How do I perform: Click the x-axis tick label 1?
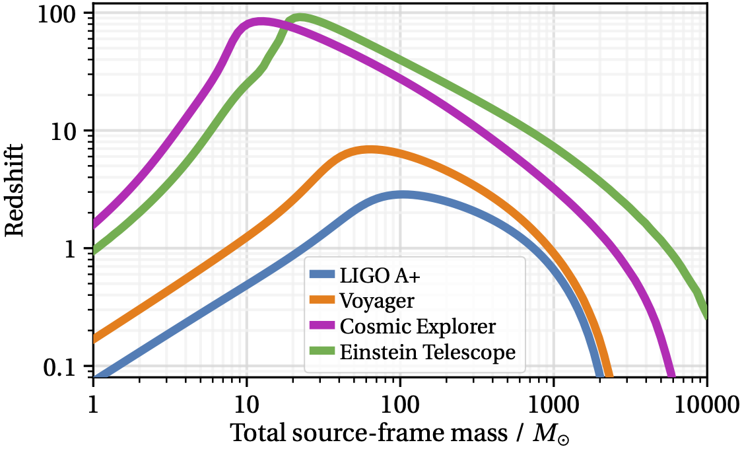pyautogui.click(x=92, y=402)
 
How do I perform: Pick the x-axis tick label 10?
pyautogui.click(x=246, y=402)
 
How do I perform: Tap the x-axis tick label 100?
pyautogui.click(x=400, y=402)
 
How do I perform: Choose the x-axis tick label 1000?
pyautogui.click(x=553, y=402)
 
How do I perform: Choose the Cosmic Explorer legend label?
pyautogui.click(x=417, y=327)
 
